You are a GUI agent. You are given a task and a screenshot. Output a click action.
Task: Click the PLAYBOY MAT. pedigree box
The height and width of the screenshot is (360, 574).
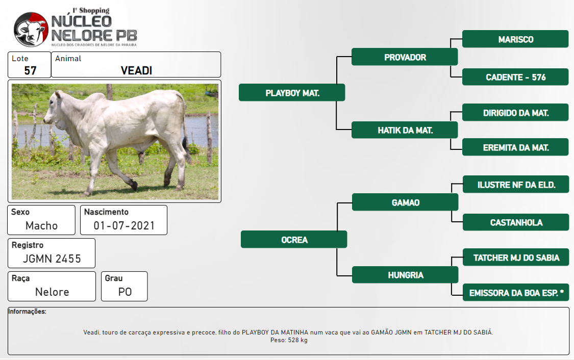(x=292, y=93)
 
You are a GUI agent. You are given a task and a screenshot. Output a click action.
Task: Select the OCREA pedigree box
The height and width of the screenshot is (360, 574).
(x=293, y=240)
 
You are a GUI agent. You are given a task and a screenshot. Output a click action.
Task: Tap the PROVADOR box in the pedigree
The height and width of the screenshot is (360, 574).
(x=405, y=57)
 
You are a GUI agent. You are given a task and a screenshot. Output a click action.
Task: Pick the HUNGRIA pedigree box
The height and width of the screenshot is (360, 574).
(x=405, y=275)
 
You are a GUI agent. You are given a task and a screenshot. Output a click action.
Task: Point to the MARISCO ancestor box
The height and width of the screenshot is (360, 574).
(x=515, y=39)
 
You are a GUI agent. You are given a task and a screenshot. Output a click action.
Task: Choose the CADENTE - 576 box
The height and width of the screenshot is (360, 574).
(x=515, y=77)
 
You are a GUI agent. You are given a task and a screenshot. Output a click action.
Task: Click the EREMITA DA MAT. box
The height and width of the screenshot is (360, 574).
(x=515, y=147)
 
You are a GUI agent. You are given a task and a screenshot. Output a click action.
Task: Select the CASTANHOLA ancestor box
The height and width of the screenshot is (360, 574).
(x=516, y=222)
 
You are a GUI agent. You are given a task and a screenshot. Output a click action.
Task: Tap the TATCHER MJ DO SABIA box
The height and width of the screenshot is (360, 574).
(x=516, y=257)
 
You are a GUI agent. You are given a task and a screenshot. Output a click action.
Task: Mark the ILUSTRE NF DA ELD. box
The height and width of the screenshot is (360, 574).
(x=516, y=185)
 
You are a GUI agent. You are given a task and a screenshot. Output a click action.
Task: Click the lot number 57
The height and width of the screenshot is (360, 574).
(x=31, y=70)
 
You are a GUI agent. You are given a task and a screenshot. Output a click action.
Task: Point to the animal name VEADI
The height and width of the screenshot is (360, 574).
(x=136, y=70)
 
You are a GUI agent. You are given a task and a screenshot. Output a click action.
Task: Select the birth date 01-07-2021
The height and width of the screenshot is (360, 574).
(x=124, y=225)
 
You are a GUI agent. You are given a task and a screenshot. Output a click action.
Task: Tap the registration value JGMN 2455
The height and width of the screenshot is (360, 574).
(x=52, y=259)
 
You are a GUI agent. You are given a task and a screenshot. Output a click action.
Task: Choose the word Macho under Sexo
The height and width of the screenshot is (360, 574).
(x=41, y=225)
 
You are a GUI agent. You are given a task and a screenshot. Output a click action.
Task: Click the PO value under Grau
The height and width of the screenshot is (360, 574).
(x=125, y=292)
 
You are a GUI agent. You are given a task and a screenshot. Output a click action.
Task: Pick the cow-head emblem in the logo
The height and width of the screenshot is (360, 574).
(x=31, y=29)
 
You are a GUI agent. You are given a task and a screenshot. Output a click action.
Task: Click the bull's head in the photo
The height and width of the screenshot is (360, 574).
(x=54, y=110)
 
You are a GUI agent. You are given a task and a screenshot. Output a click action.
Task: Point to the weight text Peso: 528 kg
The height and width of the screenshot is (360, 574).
(x=289, y=340)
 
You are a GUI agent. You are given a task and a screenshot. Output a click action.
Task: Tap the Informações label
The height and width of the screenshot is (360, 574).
(x=27, y=312)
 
